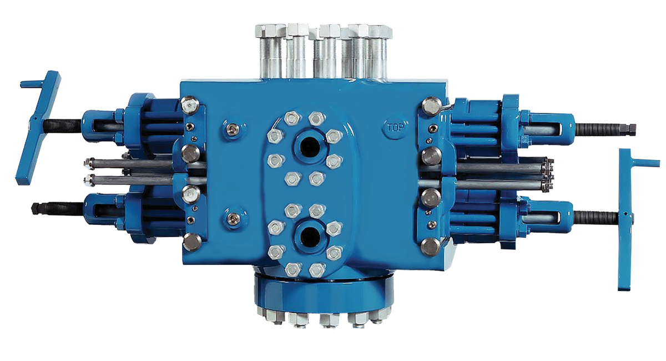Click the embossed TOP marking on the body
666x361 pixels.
click(396, 128)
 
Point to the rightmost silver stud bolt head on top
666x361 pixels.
click(380, 32)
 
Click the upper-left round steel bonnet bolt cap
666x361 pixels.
click(190, 105)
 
